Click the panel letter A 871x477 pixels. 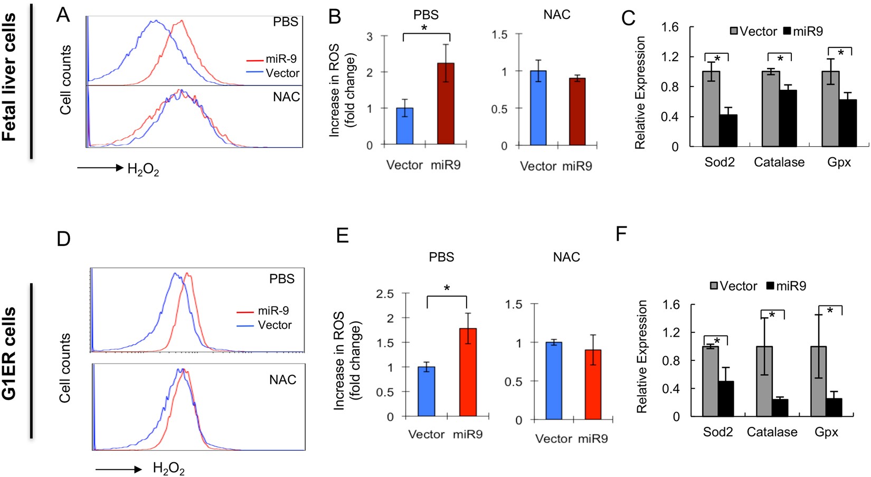coord(63,15)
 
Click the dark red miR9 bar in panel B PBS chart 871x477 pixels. coord(446,104)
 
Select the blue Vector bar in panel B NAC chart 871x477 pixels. coord(538,108)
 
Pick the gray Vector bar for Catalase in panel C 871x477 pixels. coord(771,109)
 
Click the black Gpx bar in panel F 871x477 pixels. coord(834,407)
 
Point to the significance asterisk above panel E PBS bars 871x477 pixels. coord(447,289)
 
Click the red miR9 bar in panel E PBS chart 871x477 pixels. coord(468,372)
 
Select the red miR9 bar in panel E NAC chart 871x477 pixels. coord(593,385)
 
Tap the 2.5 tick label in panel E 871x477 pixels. coord(385,293)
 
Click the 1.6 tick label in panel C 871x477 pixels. coord(669,27)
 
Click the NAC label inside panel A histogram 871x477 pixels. coord(286,97)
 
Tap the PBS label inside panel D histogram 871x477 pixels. coord(282,279)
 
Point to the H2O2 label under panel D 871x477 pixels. coord(168,468)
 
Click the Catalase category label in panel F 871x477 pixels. coord(772,432)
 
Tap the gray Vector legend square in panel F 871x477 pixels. coord(714,286)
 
